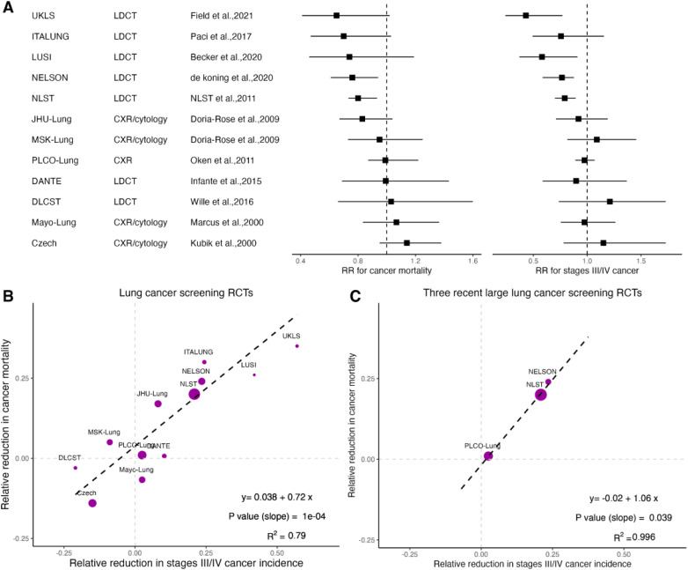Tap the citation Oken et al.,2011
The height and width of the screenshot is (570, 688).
tap(223, 160)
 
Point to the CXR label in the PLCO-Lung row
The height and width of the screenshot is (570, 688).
tap(123, 160)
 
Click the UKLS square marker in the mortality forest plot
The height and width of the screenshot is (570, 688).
tap(336, 16)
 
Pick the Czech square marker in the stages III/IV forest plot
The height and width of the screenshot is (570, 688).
tap(604, 242)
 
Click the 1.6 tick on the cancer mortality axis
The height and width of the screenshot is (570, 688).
tap(472, 261)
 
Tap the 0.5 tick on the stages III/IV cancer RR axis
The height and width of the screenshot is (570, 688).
tap(533, 261)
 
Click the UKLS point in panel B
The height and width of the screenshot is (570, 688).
tap(297, 346)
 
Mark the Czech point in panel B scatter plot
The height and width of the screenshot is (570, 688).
tap(92, 503)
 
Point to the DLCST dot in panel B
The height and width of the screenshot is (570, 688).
tap(76, 468)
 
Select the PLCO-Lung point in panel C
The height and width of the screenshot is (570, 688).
tap(488, 455)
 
